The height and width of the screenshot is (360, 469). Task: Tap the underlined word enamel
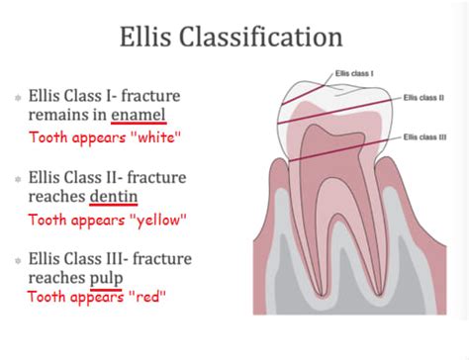138,116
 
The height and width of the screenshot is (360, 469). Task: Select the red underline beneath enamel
138,126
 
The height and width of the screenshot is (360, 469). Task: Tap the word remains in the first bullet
60,116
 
